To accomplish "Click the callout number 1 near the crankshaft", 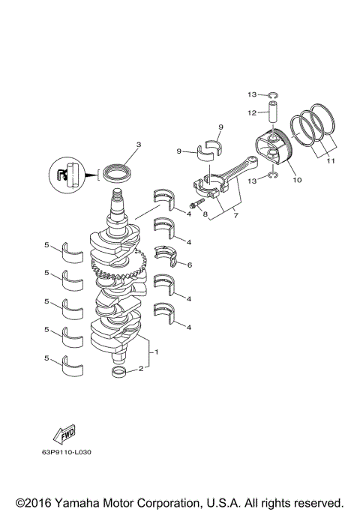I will click(157, 352).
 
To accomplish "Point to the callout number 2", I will click(139, 368).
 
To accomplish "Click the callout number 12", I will click(253, 112).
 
